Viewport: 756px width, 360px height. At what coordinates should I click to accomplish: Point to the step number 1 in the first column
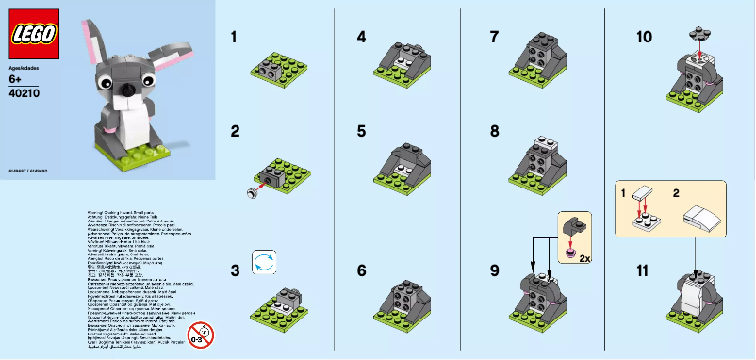[235, 39]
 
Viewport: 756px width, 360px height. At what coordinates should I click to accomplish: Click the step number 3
[235, 270]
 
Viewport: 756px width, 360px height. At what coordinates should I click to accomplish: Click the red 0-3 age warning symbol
[199, 334]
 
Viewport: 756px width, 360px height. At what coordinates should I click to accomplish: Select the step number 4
[362, 39]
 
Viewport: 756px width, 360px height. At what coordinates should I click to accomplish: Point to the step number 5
[362, 132]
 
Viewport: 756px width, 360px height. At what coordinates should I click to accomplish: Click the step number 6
[362, 270]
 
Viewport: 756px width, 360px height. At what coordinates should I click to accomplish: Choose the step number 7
[494, 39]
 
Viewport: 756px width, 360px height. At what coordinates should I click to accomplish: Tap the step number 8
[494, 132]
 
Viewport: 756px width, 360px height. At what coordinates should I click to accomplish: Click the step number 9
[494, 270]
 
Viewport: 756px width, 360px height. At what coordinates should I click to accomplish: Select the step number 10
[645, 39]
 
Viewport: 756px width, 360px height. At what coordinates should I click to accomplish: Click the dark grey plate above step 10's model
[698, 30]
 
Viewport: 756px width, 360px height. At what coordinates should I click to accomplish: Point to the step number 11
[644, 270]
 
